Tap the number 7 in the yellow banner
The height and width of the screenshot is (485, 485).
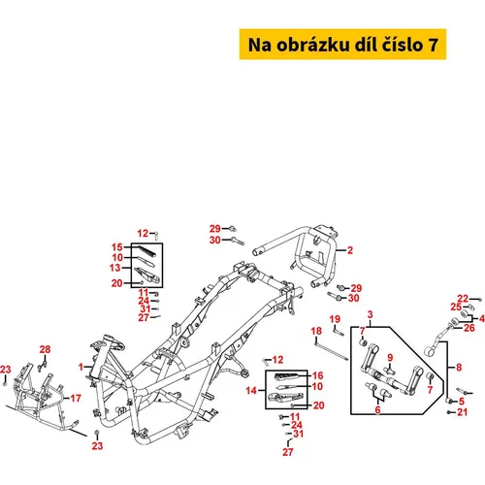point(434,45)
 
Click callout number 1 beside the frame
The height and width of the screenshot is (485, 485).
point(81,367)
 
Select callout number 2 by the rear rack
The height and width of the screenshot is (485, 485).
point(350,250)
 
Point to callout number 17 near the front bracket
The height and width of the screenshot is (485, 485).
point(76,398)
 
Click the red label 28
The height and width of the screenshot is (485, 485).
point(45,349)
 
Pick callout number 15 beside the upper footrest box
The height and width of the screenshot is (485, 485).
point(117,247)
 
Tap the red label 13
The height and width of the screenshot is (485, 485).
point(114,268)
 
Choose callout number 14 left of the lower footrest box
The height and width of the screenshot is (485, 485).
point(251,390)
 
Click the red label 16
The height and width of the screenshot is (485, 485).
point(317,375)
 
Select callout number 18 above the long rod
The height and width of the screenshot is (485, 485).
point(316,331)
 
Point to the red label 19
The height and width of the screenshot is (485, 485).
point(335,319)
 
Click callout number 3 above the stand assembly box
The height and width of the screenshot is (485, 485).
point(371,314)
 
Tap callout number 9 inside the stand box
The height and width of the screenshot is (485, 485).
point(390,357)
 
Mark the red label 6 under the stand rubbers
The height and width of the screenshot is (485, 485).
point(377,409)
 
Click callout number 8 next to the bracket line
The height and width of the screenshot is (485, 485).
point(459,367)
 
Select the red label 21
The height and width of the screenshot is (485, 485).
point(463,412)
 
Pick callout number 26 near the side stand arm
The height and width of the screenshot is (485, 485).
point(469,328)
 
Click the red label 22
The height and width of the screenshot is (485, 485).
point(463,299)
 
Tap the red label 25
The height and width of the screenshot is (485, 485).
point(456,307)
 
